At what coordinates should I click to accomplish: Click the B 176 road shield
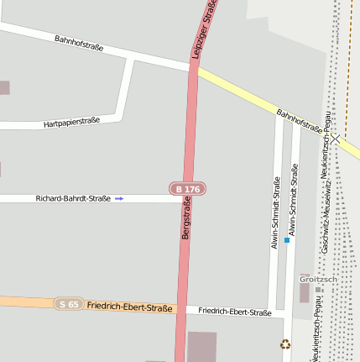point(188,190)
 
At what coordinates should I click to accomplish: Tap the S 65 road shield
point(69,303)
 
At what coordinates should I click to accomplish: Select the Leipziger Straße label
point(204,28)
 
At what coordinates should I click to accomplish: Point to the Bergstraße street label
point(186,218)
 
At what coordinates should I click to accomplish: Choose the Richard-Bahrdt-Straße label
point(73,199)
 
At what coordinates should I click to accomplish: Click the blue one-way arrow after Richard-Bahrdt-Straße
point(119,199)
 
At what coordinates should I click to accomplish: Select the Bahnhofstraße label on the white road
point(79,43)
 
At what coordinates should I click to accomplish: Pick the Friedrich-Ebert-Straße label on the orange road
point(129,307)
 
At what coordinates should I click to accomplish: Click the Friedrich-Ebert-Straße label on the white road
point(235,312)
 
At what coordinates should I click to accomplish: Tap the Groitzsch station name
point(318,279)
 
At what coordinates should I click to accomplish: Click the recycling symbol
point(285,344)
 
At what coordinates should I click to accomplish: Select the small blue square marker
point(286,240)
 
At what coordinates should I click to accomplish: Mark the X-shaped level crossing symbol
point(335,139)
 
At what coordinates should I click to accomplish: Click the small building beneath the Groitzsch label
point(304,292)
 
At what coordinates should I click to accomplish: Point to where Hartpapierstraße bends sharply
point(123,117)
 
